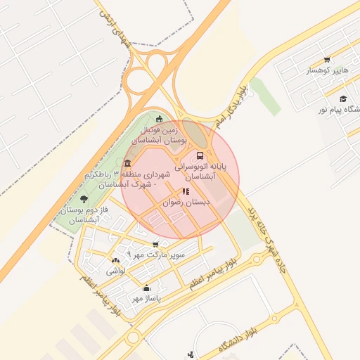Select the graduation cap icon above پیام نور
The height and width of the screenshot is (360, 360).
(342, 99)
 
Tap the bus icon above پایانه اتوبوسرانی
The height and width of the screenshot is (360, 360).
(200, 155)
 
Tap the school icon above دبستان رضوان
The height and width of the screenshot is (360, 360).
(185, 191)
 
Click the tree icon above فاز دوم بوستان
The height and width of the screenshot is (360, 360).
(84, 200)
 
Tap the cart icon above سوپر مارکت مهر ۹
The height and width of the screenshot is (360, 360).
(155, 244)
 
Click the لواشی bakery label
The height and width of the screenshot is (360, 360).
(115, 271)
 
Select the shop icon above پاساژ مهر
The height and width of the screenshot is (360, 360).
(146, 288)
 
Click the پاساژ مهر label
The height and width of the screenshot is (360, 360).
(146, 298)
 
